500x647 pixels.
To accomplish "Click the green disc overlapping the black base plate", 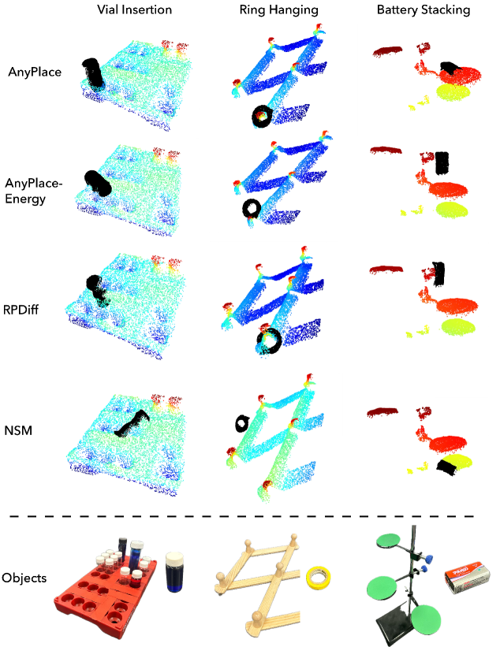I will point(424,618).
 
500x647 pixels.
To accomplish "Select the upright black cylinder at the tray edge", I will point(92,72).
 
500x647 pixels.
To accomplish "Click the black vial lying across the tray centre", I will point(131,422).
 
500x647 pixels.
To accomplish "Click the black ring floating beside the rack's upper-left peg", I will point(242,423).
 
